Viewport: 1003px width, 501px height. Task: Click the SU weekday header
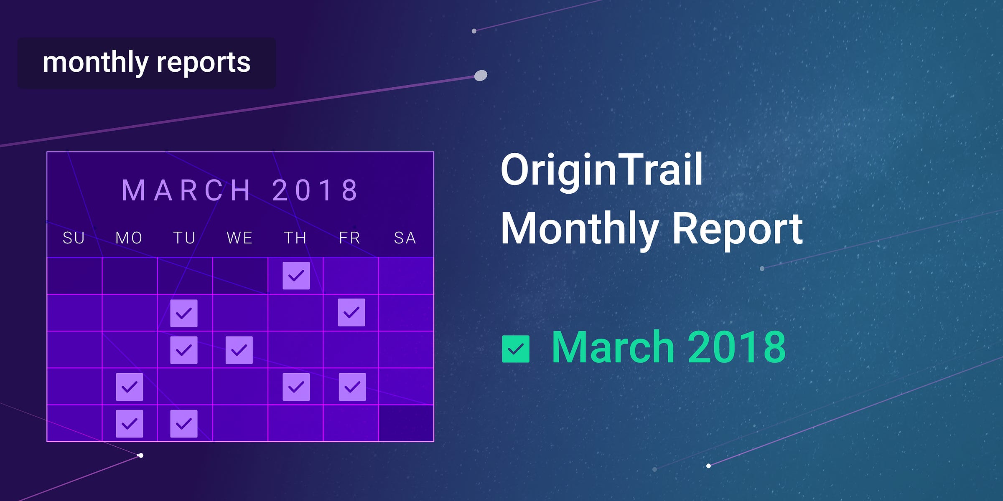pyautogui.click(x=74, y=238)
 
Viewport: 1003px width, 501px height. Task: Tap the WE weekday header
pyautogui.click(x=239, y=238)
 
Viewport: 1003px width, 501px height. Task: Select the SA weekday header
pyautogui.click(x=405, y=238)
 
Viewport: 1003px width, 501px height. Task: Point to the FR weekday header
pyautogui.click(x=349, y=238)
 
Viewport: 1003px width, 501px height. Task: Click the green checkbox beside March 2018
pyautogui.click(x=516, y=349)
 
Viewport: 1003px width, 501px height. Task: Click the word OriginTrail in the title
pyautogui.click(x=602, y=170)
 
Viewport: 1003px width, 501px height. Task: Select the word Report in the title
pyautogui.click(x=738, y=229)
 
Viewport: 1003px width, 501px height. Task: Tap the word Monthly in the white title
pyautogui.click(x=580, y=229)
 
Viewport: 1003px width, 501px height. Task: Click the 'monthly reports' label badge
pyautogui.click(x=147, y=63)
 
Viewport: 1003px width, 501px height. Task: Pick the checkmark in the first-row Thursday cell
pyautogui.click(x=296, y=276)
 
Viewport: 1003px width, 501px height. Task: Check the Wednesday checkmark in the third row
pyautogui.click(x=239, y=350)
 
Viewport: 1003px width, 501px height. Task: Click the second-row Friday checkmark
pyautogui.click(x=351, y=312)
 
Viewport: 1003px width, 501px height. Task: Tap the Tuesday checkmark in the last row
pyautogui.click(x=184, y=424)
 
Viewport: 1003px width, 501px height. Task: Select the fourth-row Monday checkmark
pyautogui.click(x=130, y=387)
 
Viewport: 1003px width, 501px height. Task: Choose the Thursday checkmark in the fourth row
pyautogui.click(x=296, y=387)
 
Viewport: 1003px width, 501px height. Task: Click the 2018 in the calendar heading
pyautogui.click(x=315, y=190)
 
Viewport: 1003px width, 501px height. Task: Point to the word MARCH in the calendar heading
pyautogui.click(x=186, y=190)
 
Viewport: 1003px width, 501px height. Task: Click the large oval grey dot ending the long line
pyautogui.click(x=481, y=76)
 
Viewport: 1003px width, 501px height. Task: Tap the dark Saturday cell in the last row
pyautogui.click(x=406, y=423)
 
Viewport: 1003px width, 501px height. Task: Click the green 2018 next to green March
pyautogui.click(x=737, y=347)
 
